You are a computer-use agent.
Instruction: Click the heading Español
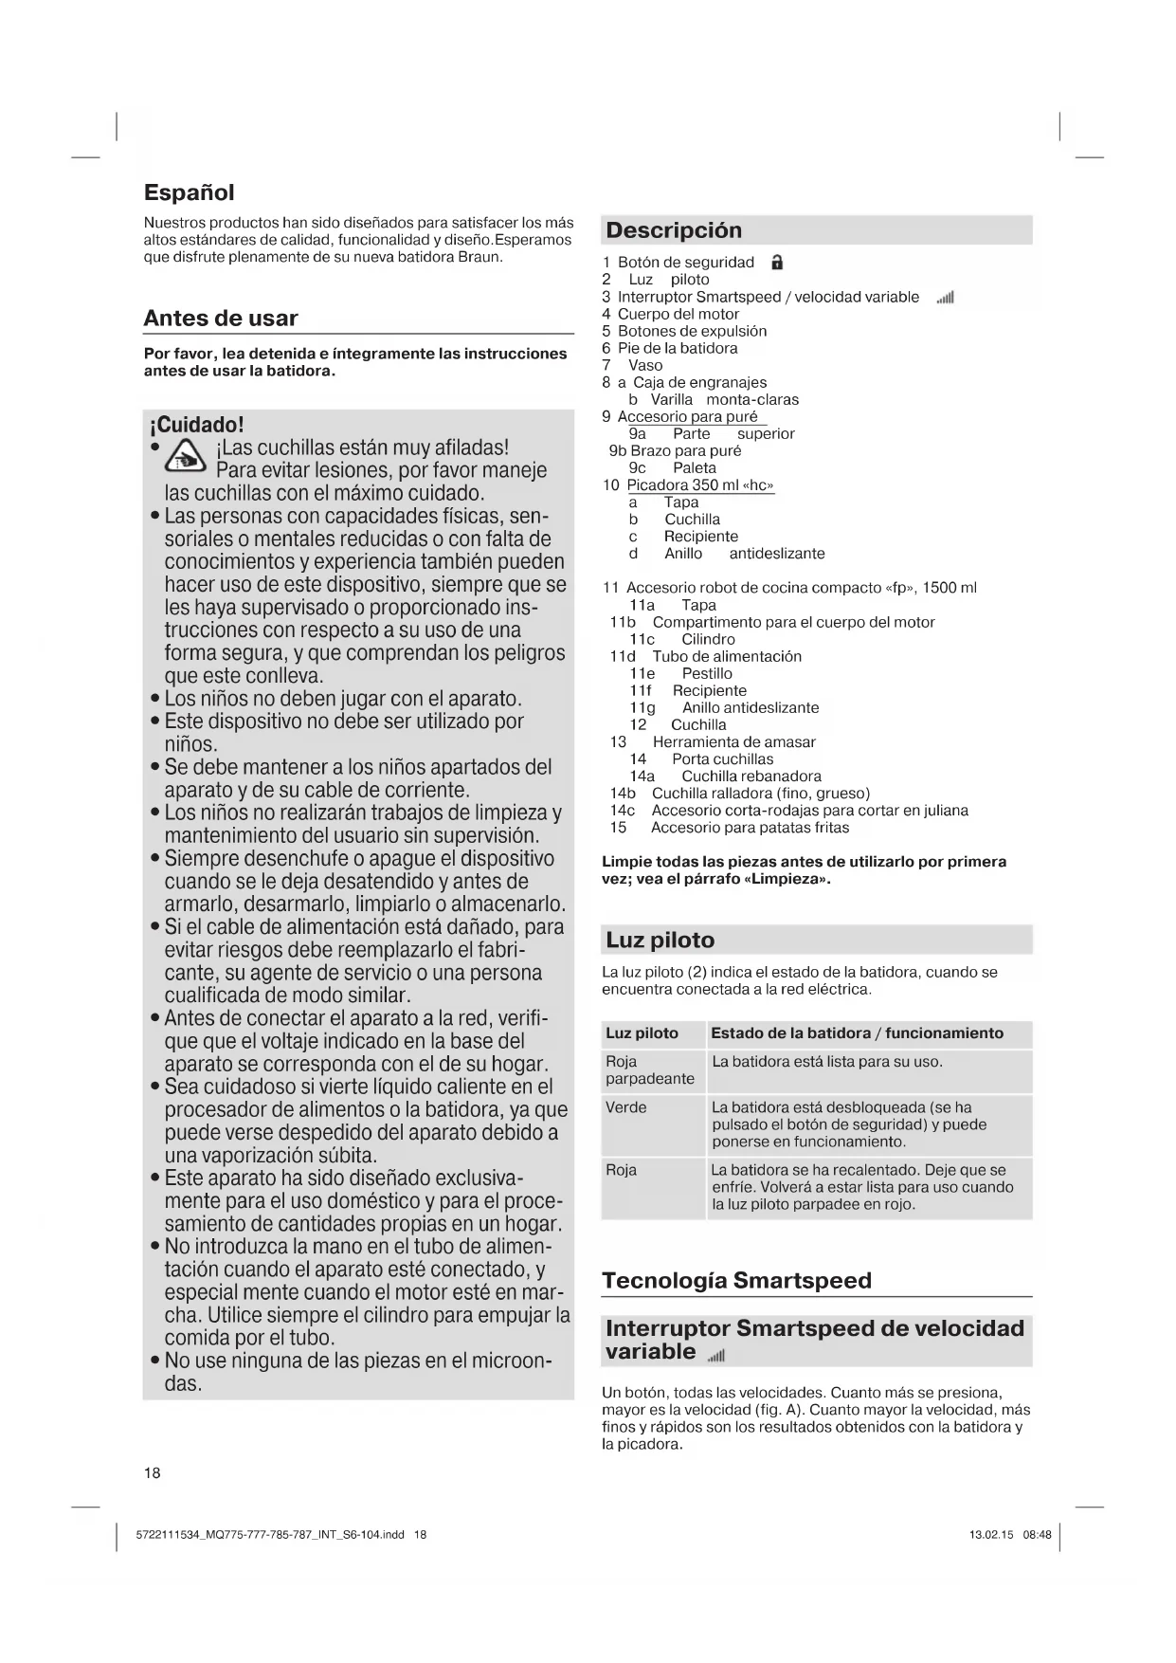pyautogui.click(x=189, y=192)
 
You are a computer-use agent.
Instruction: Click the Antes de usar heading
pyautogui.click(x=220, y=319)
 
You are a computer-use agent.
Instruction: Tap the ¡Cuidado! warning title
pyautogui.click(x=196, y=424)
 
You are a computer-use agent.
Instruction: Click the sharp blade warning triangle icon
pyautogui.click(x=186, y=459)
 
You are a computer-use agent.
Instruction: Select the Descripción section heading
pyautogui.click(x=674, y=230)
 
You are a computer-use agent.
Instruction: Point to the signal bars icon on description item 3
pyautogui.click(x=944, y=298)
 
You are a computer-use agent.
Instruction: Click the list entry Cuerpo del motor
pyautogui.click(x=678, y=314)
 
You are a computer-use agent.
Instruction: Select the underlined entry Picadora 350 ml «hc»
pyautogui.click(x=699, y=485)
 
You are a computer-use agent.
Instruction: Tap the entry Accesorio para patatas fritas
pyautogui.click(x=750, y=828)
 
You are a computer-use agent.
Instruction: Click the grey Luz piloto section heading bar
pyautogui.click(x=816, y=941)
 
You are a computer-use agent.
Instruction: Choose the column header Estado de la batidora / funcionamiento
pyautogui.click(x=857, y=1033)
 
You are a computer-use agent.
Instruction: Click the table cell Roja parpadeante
pyautogui.click(x=649, y=1070)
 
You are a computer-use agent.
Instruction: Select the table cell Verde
pyautogui.click(x=625, y=1107)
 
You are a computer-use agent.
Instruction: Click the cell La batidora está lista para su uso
pyautogui.click(x=826, y=1062)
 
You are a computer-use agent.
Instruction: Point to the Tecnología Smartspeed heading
pyautogui.click(x=736, y=1281)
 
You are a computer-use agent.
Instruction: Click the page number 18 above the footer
pyautogui.click(x=153, y=1472)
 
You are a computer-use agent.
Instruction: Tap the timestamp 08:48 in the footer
pyautogui.click(x=1037, y=1534)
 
